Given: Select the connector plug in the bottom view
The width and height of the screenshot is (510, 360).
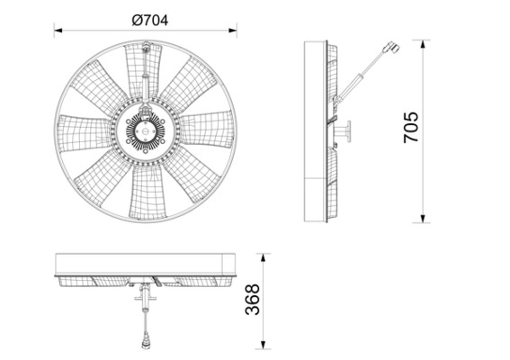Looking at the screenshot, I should point(147,343).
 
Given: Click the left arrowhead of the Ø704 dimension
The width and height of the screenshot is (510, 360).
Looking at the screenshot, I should point(58,31).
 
